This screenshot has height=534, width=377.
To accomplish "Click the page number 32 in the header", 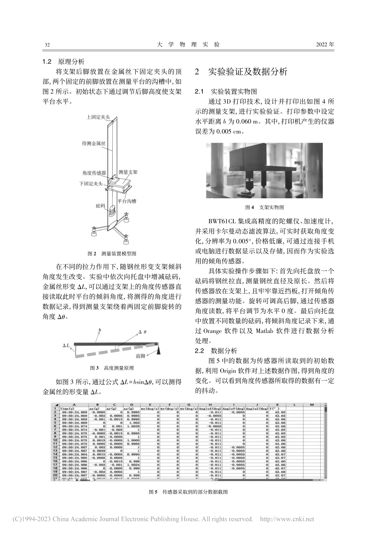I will [x=47, y=45].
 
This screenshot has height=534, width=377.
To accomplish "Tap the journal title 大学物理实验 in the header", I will [x=188, y=44].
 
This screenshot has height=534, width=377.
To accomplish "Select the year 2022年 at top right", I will [x=325, y=44].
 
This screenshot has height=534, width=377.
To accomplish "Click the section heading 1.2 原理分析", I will [x=63, y=62].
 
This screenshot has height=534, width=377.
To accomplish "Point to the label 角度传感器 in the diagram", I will [x=94, y=173].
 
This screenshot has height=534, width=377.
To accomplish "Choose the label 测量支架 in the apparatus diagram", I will [x=128, y=172].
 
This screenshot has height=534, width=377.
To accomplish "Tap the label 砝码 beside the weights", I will [x=100, y=206].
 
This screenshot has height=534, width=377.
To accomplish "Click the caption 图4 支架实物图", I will [x=265, y=207].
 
